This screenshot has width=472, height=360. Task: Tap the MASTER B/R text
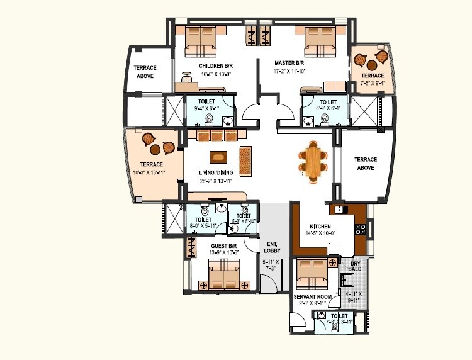tap(289, 64)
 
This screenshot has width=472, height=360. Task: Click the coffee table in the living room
tap(218, 157)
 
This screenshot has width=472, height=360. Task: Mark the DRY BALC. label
tap(356, 266)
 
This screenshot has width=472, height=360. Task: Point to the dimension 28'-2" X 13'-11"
tap(217, 180)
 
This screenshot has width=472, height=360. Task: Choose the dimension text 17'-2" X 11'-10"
tap(289, 71)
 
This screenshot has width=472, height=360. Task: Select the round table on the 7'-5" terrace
tap(371, 65)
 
